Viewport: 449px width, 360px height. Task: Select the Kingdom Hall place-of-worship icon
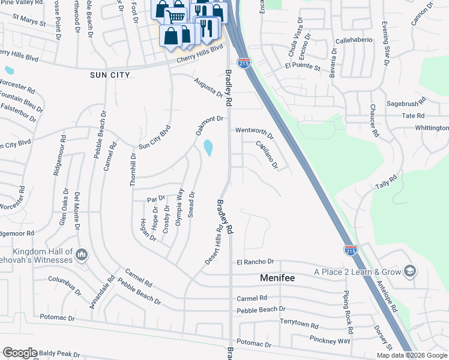[83, 255]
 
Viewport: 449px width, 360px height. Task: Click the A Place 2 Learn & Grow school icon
[410, 272]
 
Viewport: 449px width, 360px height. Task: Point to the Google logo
[20, 353]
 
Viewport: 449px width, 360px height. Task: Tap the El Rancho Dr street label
[255, 262]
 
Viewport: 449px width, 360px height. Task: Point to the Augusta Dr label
[208, 88]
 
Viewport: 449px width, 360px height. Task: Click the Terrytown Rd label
[298, 322]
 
